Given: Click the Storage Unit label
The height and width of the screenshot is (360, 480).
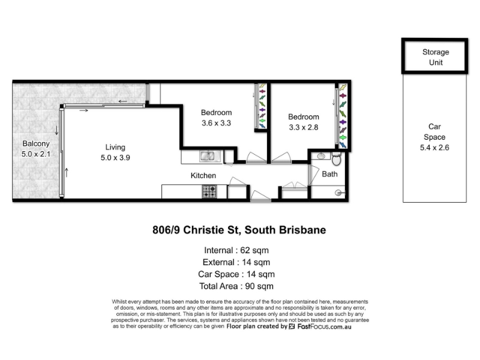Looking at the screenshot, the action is [436, 57].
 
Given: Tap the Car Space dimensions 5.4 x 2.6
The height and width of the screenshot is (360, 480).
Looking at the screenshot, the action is [434, 148].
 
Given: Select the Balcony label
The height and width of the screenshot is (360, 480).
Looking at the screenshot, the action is [36, 143].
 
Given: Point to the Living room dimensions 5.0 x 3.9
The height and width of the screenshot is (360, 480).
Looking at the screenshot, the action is [115, 158].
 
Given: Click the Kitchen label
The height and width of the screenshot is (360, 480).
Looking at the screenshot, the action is [203, 175].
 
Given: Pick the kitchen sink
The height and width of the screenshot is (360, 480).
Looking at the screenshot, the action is [209, 156].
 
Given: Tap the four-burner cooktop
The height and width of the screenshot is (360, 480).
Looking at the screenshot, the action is [209, 191].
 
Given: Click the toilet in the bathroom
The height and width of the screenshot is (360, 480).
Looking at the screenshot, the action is [337, 158].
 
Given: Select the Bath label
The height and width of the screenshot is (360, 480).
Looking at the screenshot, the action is [329, 174].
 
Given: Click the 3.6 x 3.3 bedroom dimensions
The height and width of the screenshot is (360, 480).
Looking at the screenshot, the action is [216, 123].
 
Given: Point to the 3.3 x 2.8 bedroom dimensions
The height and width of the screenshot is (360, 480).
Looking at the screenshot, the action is [304, 127].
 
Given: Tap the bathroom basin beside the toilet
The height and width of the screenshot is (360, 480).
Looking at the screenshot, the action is [321, 156].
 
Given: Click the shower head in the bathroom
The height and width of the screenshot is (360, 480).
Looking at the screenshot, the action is [339, 193].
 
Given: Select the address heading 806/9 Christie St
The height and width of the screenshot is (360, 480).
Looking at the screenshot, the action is [239, 230].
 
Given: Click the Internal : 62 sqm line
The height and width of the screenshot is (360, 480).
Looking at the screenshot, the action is [236, 250].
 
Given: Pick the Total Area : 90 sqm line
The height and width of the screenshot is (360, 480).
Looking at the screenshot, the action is [236, 286].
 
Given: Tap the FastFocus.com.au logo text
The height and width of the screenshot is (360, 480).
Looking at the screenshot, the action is [325, 326].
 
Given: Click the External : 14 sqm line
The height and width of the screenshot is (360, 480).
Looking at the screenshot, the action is [236, 262].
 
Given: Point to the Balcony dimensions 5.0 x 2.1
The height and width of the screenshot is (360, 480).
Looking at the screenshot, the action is [36, 154].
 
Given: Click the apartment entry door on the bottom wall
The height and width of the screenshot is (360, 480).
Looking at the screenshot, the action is [260, 196].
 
